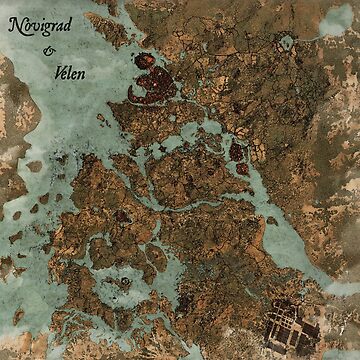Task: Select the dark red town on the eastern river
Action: coord(238,151)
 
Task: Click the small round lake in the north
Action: coord(287,42)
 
